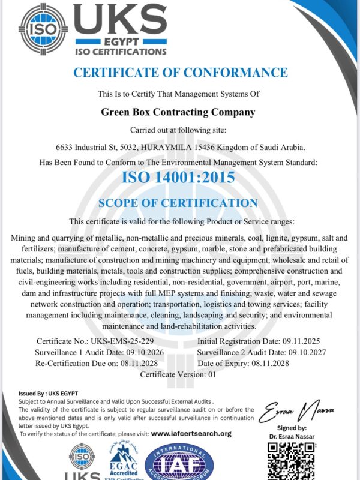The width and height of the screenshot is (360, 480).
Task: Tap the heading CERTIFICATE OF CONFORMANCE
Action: pyautogui.click(x=180, y=73)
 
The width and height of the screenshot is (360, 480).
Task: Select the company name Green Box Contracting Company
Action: pyautogui.click(x=178, y=112)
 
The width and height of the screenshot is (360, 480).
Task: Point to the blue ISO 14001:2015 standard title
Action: pyautogui.click(x=178, y=178)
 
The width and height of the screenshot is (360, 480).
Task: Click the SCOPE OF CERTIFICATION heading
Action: pyautogui.click(x=178, y=203)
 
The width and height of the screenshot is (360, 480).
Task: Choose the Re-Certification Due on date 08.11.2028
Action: pyautogui.click(x=135, y=364)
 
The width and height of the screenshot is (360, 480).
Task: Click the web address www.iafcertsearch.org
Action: pyautogui.click(x=191, y=433)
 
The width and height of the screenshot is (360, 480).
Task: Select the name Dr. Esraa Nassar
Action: pyautogui.click(x=298, y=437)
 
